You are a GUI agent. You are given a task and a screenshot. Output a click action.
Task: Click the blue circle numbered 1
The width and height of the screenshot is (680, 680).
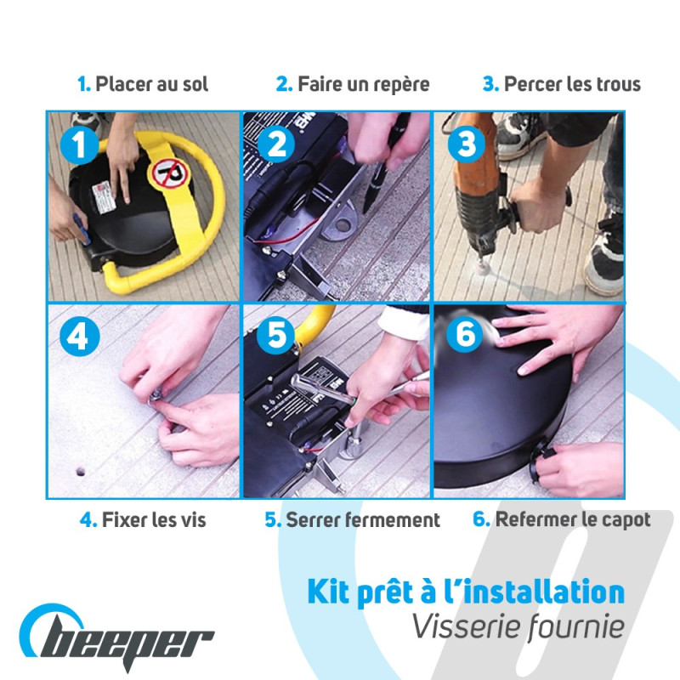point(79,144)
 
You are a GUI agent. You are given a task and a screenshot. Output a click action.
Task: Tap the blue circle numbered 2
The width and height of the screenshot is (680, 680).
point(276,144)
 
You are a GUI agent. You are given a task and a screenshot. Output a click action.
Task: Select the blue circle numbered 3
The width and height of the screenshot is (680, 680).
point(467,144)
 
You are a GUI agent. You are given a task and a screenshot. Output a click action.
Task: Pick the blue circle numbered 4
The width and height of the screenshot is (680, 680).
point(79,337)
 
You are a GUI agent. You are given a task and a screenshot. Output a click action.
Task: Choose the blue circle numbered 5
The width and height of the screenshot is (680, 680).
point(276,334)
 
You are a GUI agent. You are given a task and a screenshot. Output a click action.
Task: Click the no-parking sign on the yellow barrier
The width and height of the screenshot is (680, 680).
point(169,173)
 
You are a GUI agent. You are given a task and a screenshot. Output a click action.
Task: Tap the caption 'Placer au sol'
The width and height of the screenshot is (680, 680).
point(152,84)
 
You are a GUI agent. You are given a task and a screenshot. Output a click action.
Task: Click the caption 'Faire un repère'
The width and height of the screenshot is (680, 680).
point(364,84)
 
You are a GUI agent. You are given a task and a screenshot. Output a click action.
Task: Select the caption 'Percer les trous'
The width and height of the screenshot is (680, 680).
point(572,84)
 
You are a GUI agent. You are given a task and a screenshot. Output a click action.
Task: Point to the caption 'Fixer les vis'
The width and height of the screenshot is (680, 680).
point(154,520)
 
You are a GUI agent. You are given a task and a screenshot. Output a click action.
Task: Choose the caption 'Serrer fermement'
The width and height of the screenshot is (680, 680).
point(363,520)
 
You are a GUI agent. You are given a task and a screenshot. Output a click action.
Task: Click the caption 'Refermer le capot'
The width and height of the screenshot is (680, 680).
point(573,520)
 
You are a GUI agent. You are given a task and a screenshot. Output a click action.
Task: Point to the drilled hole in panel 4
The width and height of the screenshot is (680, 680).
point(80,471)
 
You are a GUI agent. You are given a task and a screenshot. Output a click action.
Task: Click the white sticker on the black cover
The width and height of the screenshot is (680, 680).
point(103,197)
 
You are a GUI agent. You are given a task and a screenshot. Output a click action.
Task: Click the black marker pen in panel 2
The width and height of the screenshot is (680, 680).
point(383,162)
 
